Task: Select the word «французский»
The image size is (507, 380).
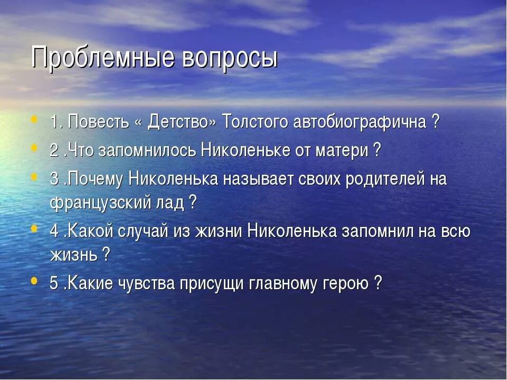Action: (x=110, y=203)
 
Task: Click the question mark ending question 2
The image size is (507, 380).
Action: (x=377, y=150)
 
